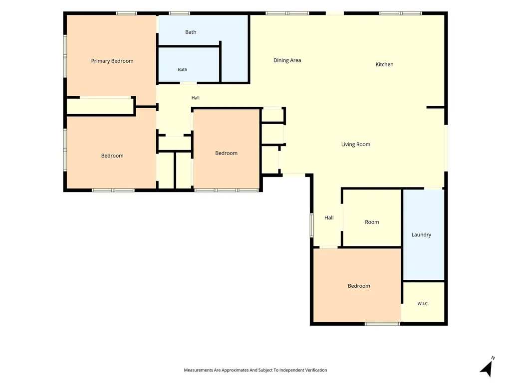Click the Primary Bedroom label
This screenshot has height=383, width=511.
(x=112, y=61)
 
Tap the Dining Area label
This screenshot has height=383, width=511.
(x=287, y=60)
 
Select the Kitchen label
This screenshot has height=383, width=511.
(x=384, y=64)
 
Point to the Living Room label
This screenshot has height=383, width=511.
(x=355, y=144)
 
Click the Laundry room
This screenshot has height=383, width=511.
(x=424, y=234)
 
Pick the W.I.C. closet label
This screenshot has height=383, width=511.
(x=423, y=304)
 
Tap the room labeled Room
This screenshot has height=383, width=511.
(x=372, y=218)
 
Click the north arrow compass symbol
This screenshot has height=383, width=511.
(x=487, y=368)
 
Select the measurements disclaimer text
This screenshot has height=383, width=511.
(x=255, y=370)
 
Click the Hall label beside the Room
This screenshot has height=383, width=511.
(x=329, y=217)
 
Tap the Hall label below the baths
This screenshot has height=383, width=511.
(x=196, y=98)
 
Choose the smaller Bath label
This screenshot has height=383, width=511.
(x=183, y=69)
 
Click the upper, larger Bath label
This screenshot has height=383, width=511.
(x=191, y=32)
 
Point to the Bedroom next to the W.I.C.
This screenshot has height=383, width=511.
(x=359, y=286)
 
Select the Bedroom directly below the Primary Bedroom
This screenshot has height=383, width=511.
(x=112, y=156)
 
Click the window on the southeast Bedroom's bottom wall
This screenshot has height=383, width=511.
(x=382, y=324)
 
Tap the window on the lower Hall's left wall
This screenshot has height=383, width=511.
(x=311, y=225)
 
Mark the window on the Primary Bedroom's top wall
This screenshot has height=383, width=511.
(x=126, y=13)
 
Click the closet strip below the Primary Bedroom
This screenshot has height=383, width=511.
(x=100, y=106)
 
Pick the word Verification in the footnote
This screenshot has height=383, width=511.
(x=316, y=370)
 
